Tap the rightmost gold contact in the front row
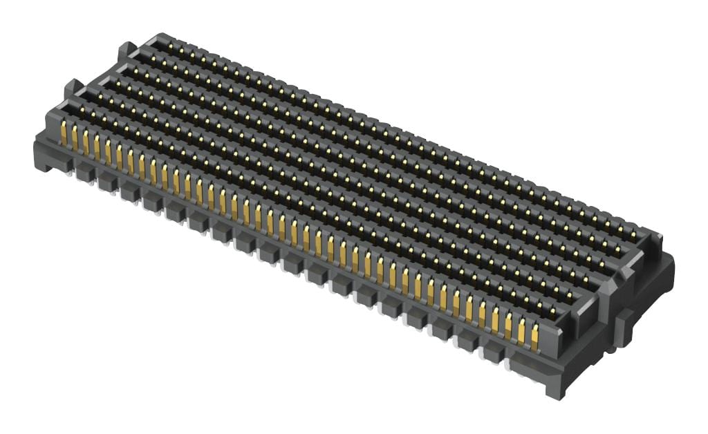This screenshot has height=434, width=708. (534, 337)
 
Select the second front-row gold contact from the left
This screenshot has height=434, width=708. (75, 138)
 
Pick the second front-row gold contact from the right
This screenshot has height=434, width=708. (521, 331)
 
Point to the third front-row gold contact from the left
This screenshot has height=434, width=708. (86, 142)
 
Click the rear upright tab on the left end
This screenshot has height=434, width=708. (126, 50)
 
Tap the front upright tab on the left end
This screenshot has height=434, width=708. (72, 88)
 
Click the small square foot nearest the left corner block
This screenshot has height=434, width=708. (85, 172)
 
